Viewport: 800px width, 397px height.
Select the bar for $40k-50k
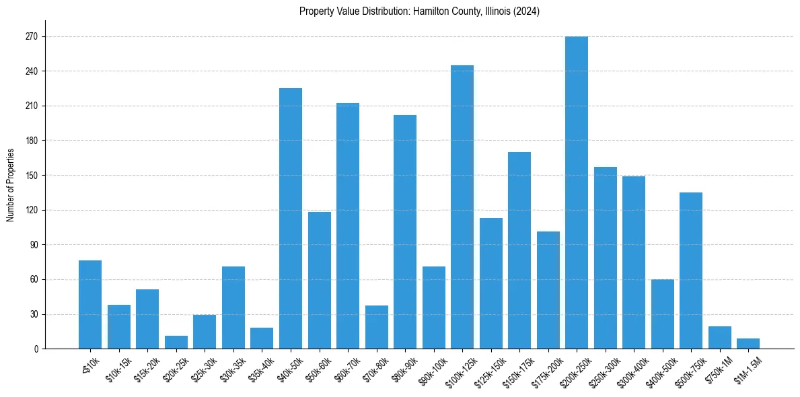coord(291,218)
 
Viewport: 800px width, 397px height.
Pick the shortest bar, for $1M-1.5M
coord(748,344)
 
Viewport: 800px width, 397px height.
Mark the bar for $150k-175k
coord(519,250)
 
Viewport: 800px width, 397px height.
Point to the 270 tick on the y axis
coord(45,36)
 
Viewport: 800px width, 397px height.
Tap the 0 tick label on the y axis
coord(36,349)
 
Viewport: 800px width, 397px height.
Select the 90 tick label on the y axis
coord(33,245)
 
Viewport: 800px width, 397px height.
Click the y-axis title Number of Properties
coord(10,185)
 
